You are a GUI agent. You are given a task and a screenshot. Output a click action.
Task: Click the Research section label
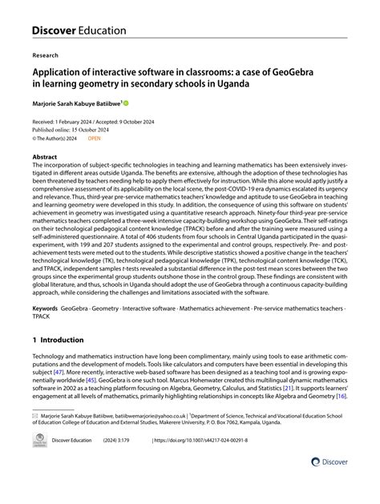tap(45, 56)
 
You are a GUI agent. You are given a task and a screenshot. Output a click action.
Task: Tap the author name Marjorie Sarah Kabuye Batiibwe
tap(75, 103)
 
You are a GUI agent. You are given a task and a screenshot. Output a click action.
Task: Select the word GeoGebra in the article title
tap(289, 73)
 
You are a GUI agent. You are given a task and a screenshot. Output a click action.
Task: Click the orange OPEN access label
tap(95, 139)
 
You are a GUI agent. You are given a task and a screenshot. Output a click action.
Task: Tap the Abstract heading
tap(44, 157)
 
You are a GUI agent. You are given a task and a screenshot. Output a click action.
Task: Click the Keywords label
tap(45, 308)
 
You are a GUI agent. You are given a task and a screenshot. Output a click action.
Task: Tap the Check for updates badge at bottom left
tap(38, 442)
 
